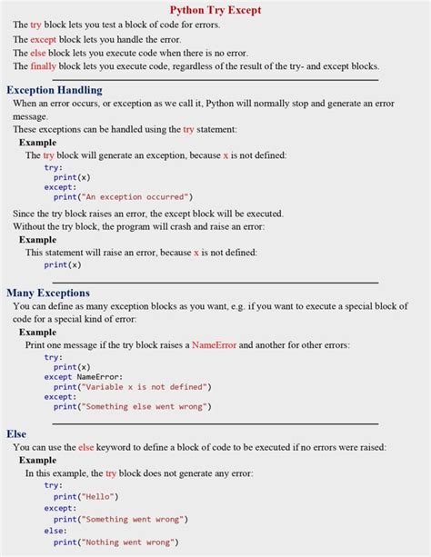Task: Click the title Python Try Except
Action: click(215, 10)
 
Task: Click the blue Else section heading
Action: click(16, 433)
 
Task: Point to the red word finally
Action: click(43, 66)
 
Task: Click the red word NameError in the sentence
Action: click(215, 345)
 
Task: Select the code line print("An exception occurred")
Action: click(123, 196)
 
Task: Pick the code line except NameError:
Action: click(84, 376)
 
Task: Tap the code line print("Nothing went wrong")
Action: click(115, 542)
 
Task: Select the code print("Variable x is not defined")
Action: click(132, 386)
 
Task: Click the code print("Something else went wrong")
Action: click(132, 406)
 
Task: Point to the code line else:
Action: click(55, 531)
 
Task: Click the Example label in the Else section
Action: click(37, 461)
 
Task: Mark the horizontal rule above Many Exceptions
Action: click(215, 282)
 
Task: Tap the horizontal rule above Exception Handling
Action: click(215, 80)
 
